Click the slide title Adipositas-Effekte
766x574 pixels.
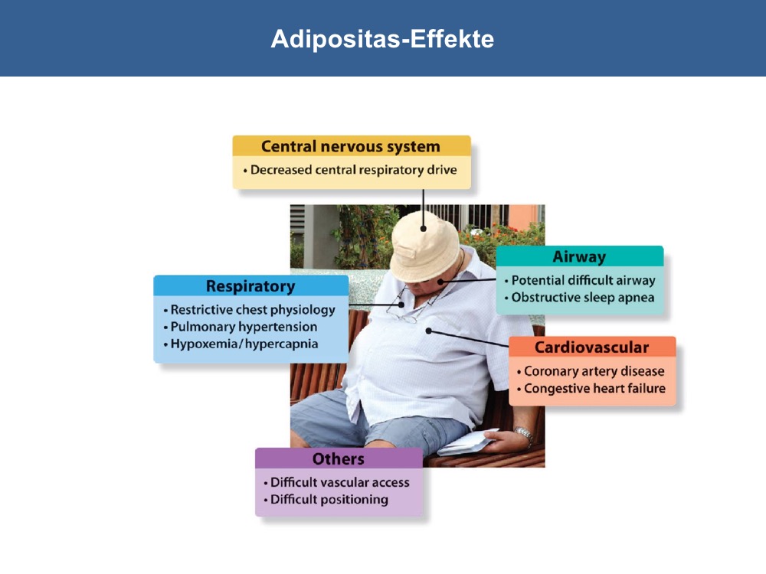click(382, 38)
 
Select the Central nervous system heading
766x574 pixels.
click(351, 146)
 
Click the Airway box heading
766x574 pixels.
click(579, 256)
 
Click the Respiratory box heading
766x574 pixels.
click(250, 286)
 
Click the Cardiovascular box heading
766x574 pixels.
click(592, 347)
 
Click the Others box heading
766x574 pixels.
click(339, 459)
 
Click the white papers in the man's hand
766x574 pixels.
click(467, 442)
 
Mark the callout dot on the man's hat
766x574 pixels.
click(423, 228)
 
